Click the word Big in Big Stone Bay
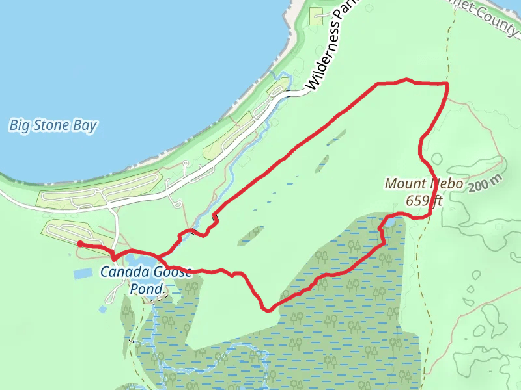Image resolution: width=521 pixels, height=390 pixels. (19, 125)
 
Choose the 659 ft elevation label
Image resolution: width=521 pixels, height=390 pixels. (423, 200)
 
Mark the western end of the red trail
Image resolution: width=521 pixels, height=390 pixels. (79, 243)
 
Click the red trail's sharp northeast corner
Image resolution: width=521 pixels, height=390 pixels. (447, 84)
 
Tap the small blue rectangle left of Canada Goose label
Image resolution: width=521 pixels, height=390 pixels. (84, 274)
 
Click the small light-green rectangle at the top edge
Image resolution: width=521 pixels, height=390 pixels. (317, 16)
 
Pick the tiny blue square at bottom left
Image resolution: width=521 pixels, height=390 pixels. (103, 309)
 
